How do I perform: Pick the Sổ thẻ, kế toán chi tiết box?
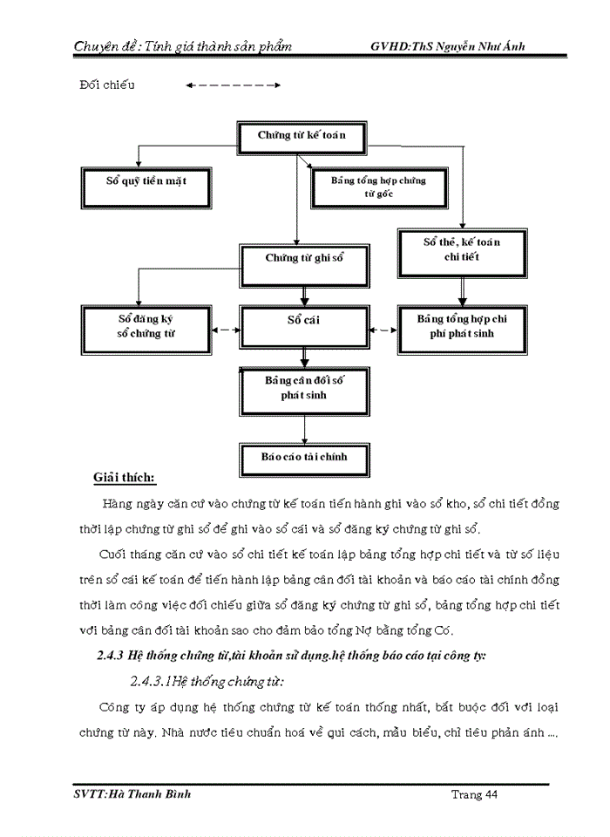[462, 248]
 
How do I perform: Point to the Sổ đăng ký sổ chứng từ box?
[146, 327]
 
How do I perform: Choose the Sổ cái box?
[303, 321]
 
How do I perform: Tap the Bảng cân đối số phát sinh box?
[303, 388]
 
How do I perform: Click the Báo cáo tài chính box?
[303, 456]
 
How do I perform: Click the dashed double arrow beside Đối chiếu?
[233, 85]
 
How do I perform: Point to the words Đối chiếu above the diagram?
[107, 85]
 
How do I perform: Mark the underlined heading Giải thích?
[125, 477]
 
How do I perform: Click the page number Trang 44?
[475, 794]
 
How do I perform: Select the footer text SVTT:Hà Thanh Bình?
[133, 794]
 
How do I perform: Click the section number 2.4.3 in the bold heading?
[112, 657]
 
